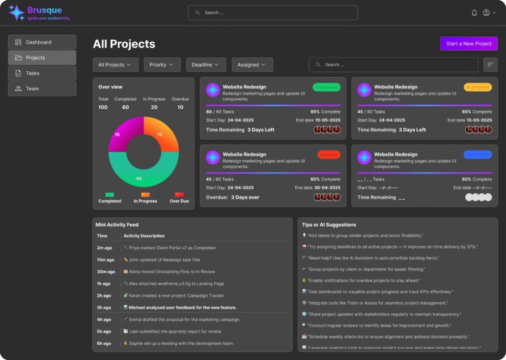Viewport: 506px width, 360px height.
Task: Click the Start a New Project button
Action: pos(468,44)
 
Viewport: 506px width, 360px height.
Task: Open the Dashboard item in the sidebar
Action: pos(42,42)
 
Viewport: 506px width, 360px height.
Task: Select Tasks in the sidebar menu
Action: pos(42,73)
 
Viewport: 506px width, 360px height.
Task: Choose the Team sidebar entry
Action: pos(42,88)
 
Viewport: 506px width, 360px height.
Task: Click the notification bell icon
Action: pos(474,13)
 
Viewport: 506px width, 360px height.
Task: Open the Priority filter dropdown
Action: pos(162,65)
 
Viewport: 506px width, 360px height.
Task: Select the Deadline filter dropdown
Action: pos(206,65)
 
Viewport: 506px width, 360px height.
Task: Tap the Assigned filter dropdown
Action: pos(252,65)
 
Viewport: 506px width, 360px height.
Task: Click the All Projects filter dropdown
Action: pos(115,65)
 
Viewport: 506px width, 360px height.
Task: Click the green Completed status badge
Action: pos(327,87)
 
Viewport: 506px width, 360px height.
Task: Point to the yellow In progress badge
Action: pos(478,87)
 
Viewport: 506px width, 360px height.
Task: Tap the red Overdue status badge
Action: pos(327,154)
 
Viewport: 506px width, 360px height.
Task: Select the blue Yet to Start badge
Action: pos(478,154)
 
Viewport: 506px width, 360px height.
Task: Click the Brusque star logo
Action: pos(16,13)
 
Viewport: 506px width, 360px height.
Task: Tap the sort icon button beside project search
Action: pos(490,65)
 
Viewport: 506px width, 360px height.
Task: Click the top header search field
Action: pos(273,13)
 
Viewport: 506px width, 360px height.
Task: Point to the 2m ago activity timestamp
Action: pos(103,248)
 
